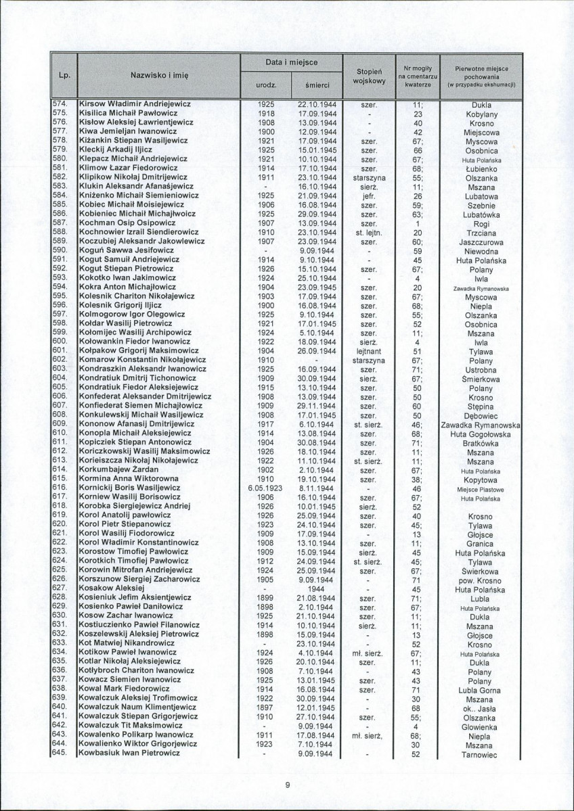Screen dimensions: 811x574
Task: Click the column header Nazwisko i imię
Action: tap(159, 76)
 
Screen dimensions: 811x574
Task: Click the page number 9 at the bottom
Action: tap(287, 785)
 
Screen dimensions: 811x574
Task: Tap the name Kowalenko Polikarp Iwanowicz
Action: tap(137, 735)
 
